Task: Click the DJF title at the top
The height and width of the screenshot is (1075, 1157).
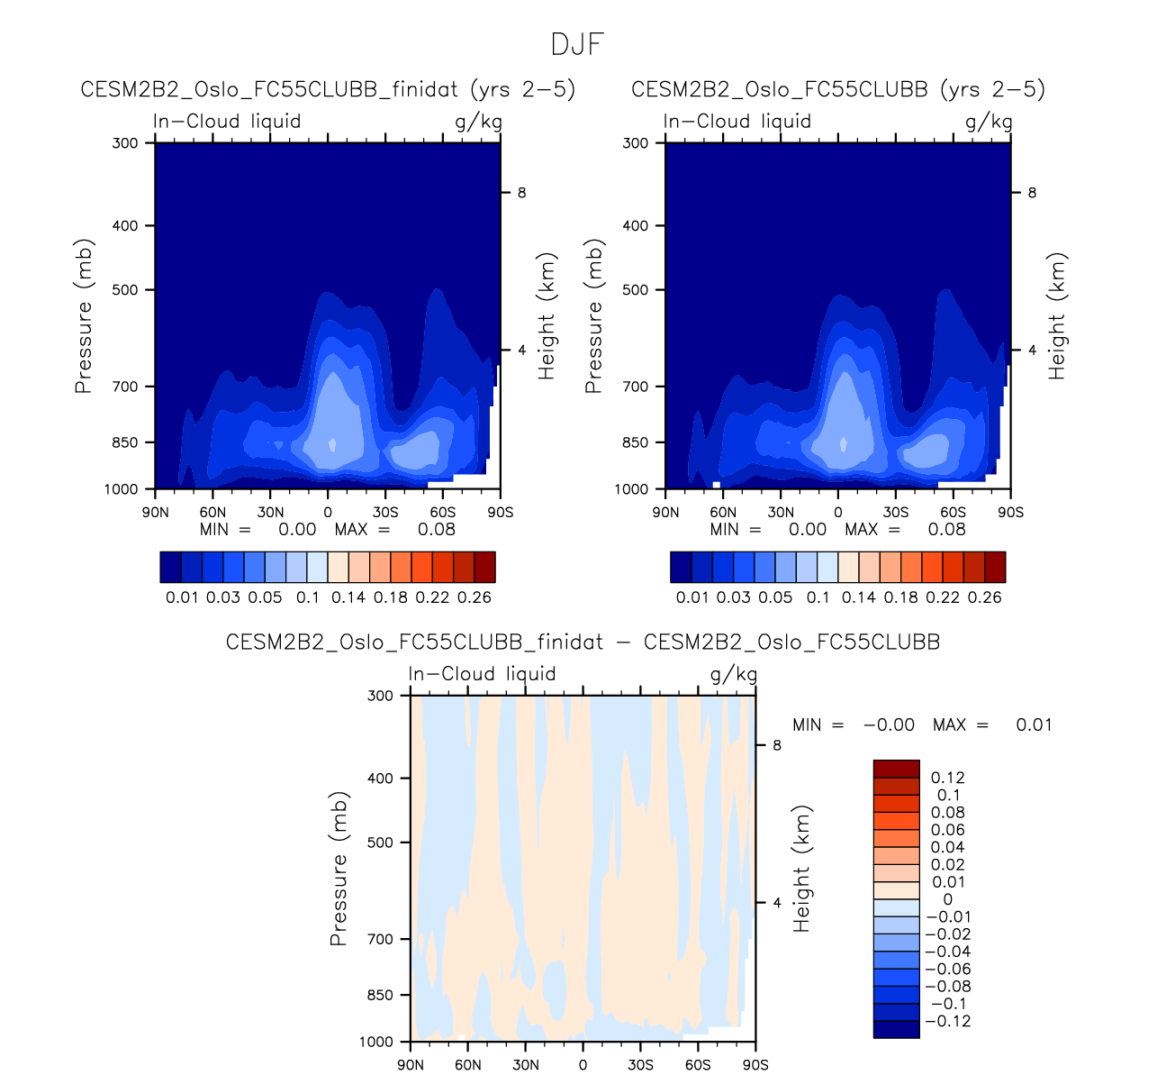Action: click(x=577, y=44)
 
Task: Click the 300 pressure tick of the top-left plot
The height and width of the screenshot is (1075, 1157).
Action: click(x=125, y=142)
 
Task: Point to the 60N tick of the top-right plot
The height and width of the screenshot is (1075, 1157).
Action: click(x=723, y=512)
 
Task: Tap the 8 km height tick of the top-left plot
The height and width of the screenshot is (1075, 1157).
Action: click(x=521, y=193)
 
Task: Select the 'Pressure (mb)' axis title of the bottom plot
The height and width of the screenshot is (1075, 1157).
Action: click(x=339, y=870)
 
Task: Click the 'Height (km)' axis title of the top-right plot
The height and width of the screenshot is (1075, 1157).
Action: click(x=1056, y=315)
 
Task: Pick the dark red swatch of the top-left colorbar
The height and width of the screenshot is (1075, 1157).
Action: click(x=484, y=567)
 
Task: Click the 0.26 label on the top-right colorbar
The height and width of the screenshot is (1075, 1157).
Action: click(x=984, y=597)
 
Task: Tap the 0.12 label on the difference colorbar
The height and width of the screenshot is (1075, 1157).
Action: click(x=947, y=778)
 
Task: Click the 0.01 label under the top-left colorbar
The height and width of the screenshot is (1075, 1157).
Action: click(x=182, y=597)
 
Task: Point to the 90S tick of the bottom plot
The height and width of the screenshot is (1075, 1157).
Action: click(x=755, y=1065)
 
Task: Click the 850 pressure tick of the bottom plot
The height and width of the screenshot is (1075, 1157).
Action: click(x=381, y=995)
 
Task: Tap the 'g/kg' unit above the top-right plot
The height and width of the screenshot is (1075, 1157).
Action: click(x=989, y=122)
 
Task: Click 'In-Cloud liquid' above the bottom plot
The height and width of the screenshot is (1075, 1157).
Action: click(x=482, y=674)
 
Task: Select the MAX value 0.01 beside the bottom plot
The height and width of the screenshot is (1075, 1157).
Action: click(x=1034, y=724)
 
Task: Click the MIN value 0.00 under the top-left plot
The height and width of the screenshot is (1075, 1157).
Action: click(x=297, y=530)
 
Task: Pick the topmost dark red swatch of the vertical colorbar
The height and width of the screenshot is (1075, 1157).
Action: click(x=896, y=769)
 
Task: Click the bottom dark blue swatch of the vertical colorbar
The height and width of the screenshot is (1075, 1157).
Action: click(x=896, y=1029)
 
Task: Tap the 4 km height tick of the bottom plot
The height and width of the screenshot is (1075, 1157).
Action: click(x=776, y=903)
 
